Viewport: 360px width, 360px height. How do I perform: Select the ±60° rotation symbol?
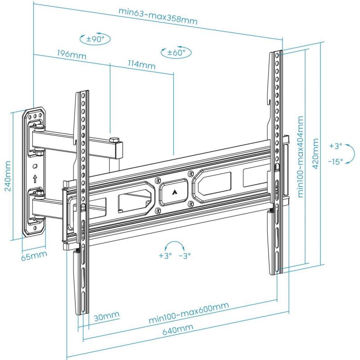tap(176, 53)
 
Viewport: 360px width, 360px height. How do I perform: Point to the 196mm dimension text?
tap(71, 54)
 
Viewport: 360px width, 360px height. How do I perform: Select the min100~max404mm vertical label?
tap(300, 157)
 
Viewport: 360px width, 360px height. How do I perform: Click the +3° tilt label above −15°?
tap(335, 146)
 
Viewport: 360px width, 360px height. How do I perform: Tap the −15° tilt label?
tap(335, 161)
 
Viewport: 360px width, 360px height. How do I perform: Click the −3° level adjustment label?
tap(184, 255)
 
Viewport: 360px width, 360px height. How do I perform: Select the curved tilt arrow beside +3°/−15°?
tap(351, 153)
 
